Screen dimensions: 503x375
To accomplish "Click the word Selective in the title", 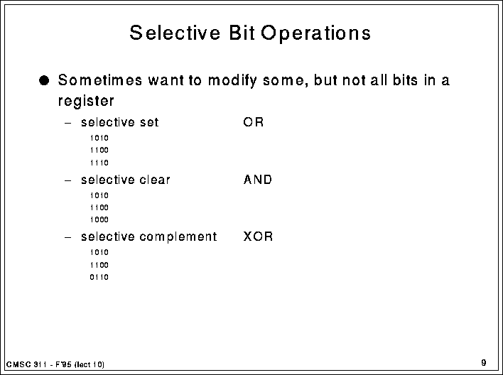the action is click(175, 33).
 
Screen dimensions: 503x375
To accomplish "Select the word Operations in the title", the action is click(315, 33).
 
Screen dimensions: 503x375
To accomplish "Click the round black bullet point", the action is click(44, 80).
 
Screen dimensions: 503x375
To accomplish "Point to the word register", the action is click(86, 101).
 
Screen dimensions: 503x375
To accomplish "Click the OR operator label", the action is click(254, 122).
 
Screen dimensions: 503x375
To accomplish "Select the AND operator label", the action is click(258, 180).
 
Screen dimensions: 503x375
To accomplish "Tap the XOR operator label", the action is click(258, 237).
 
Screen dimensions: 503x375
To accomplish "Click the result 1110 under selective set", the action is click(99, 163).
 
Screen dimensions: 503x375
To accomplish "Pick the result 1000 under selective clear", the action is click(99, 219).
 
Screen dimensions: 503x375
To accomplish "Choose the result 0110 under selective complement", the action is click(99, 277).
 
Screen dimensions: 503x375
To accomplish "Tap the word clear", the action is click(155, 180).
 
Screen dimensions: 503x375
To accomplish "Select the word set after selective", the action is click(149, 122).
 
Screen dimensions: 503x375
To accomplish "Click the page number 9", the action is click(484, 363).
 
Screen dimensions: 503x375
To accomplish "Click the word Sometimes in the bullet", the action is click(99, 80).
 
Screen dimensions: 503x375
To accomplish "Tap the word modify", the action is click(232, 81).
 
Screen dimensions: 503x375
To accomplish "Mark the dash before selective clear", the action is click(67, 180).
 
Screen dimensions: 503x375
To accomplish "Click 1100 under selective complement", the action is click(99, 265).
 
